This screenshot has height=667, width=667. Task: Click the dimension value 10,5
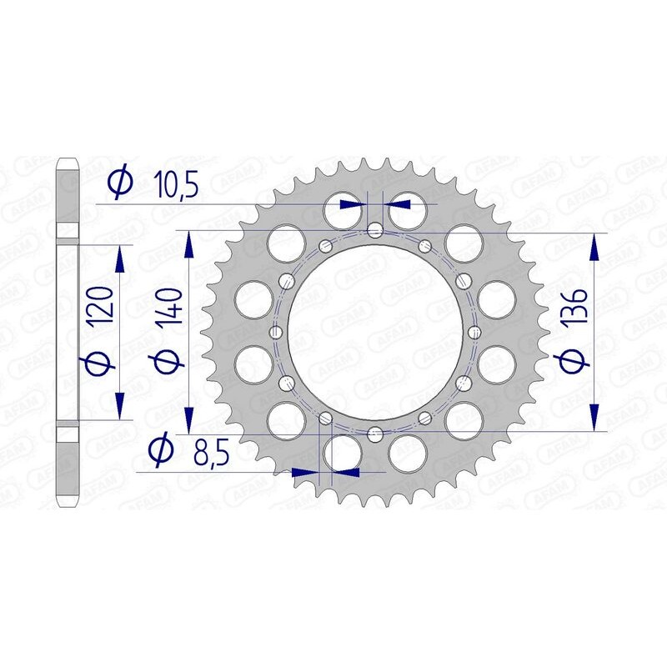[x=176, y=184]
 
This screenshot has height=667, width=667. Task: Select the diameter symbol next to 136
[x=572, y=361]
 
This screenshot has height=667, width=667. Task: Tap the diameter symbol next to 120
[x=100, y=363]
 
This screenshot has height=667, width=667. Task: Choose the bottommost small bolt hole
[x=375, y=433]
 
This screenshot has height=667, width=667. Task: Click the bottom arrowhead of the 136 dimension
[x=594, y=417]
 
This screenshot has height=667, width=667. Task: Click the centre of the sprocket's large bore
[x=375, y=332]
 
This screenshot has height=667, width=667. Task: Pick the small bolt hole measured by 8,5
[x=326, y=419]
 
